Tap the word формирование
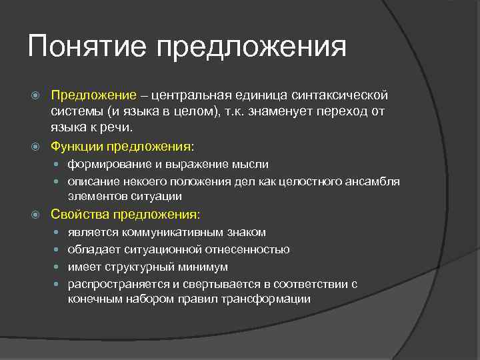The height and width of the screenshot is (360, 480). pyautogui.click(x=106, y=164)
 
